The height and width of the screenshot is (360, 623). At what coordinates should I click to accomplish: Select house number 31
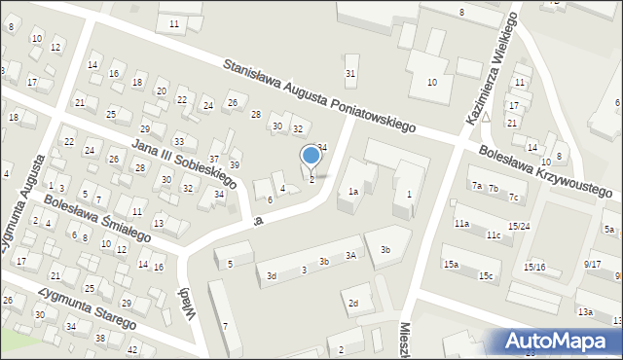tap(350, 74)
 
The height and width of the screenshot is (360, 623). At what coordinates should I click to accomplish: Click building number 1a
tap(354, 192)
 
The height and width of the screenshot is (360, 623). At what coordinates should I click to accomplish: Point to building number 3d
tap(273, 276)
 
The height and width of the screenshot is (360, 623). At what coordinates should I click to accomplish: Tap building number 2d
tap(354, 304)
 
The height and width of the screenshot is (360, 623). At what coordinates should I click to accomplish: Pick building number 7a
tap(477, 185)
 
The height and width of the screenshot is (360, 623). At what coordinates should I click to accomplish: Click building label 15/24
tap(519, 227)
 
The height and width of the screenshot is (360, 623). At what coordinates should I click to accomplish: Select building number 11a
tap(461, 224)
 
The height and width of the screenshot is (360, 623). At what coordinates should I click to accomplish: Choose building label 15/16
tap(534, 267)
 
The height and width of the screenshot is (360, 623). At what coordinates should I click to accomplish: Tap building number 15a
tap(452, 264)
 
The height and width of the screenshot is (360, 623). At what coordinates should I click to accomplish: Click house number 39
tap(234, 164)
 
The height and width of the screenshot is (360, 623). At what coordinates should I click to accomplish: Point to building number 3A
tap(350, 255)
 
